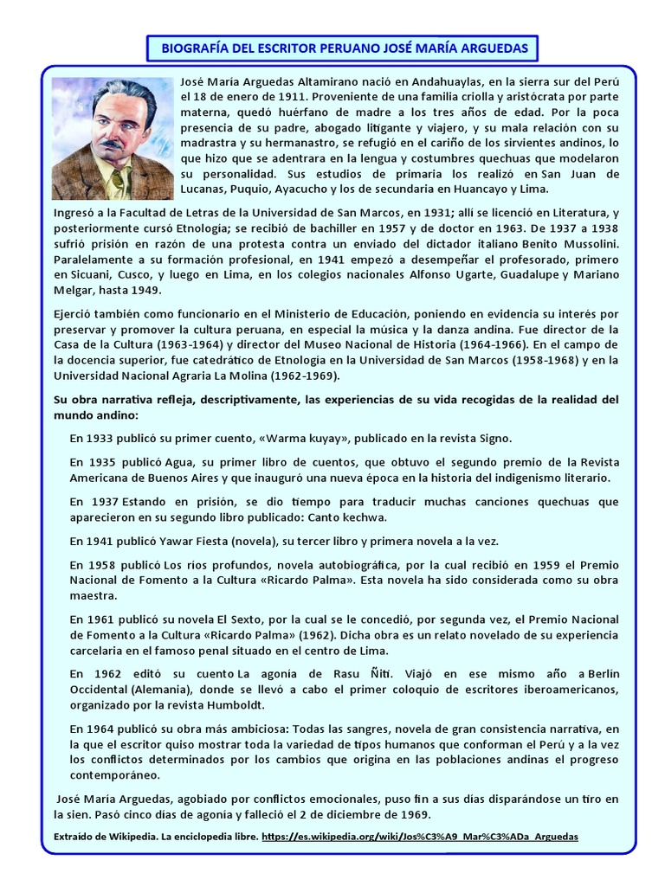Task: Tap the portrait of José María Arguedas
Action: point(113,138)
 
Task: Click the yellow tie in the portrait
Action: point(118,182)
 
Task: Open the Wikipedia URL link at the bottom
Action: point(418,837)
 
